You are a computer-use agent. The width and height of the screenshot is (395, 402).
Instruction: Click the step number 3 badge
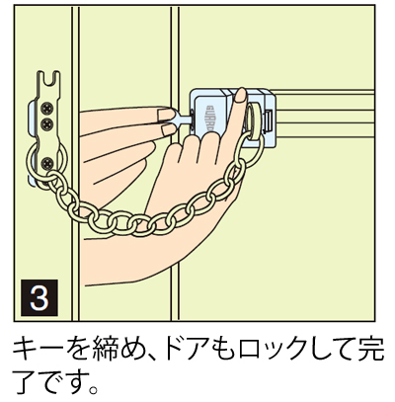coord(39,297)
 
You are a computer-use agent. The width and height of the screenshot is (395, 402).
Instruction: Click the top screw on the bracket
coord(47,108)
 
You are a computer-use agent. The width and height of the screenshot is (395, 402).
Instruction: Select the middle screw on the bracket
coord(47,123)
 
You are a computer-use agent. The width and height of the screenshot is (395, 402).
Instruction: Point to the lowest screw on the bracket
coord(48,163)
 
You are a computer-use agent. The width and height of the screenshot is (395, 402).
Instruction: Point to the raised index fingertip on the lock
coord(241,95)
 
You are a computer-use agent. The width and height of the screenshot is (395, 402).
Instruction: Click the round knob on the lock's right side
coord(254,120)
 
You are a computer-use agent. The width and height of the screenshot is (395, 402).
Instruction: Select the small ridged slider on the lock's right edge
coord(269,120)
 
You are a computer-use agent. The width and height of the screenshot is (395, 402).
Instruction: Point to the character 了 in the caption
coord(25,381)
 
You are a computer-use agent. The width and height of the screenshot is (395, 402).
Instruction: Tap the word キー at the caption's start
coord(37,350)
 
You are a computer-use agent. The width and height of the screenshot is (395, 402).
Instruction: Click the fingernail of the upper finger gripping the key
coord(166,115)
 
